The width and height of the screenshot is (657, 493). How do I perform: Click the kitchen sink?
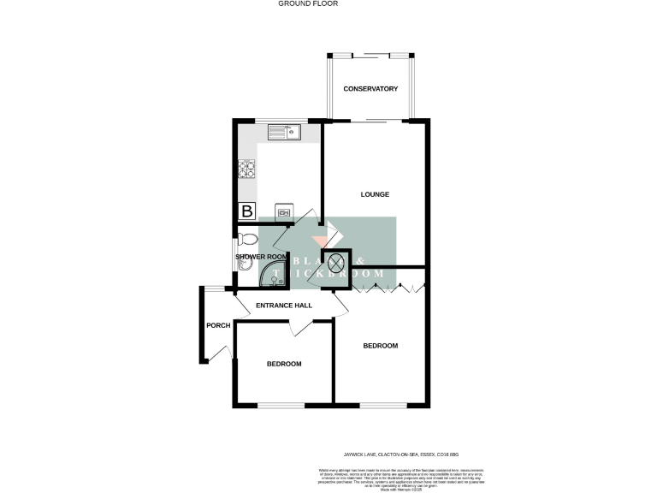click(283, 132)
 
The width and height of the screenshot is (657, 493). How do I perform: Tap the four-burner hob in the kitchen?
click(247, 169)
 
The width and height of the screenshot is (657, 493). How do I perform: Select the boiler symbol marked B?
click(247, 211)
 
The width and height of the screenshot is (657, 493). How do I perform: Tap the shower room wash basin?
click(242, 265)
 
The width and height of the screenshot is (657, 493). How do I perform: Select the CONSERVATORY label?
click(370, 89)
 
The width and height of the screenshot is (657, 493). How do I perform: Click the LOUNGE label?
click(375, 194)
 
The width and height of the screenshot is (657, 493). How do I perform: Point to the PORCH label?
click(218, 325)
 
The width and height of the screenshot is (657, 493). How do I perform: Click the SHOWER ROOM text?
click(260, 257)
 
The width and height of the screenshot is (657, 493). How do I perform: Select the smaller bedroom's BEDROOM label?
click(284, 364)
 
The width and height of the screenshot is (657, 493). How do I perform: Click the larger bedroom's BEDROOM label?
click(381, 346)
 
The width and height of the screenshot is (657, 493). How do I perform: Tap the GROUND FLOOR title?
click(308, 4)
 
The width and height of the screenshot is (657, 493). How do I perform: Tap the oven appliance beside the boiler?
click(284, 211)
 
